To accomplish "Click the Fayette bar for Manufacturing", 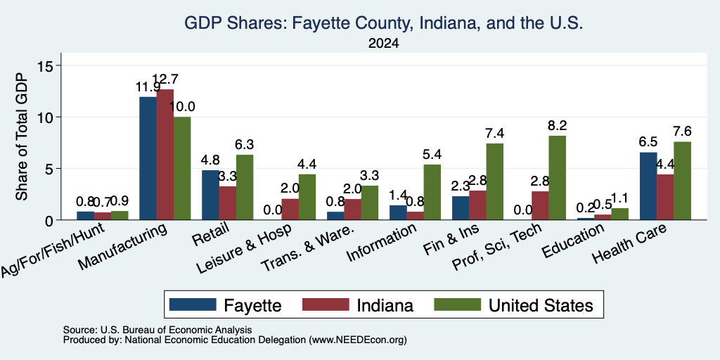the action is (x=148, y=158).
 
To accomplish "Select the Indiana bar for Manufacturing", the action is (x=165, y=154).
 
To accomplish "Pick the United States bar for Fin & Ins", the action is (x=494, y=182).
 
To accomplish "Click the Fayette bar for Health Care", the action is (x=648, y=186).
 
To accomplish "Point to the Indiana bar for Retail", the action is (x=227, y=203).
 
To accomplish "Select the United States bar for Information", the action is (x=432, y=192).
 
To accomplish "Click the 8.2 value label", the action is (x=558, y=125).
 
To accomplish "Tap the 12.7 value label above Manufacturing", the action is (x=165, y=79).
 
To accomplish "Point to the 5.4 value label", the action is (x=432, y=154).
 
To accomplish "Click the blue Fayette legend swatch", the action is (x=193, y=304).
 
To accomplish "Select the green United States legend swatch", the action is (x=457, y=304).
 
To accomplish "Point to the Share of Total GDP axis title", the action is (x=22, y=137).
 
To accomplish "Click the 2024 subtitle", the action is (x=383, y=44).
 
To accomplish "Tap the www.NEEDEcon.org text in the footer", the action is (x=358, y=340).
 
